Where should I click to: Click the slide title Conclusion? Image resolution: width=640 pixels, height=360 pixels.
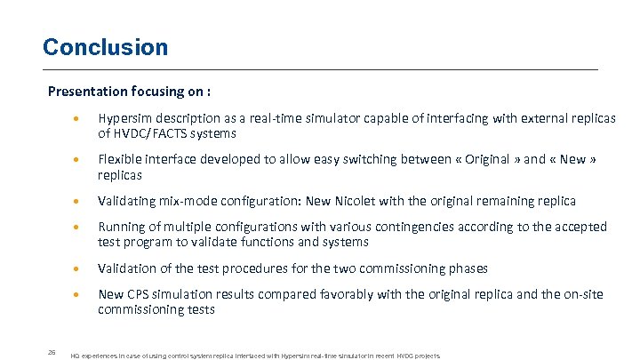105,47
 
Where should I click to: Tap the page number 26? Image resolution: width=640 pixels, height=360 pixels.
52,352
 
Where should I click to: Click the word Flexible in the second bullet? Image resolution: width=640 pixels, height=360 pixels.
120,160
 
